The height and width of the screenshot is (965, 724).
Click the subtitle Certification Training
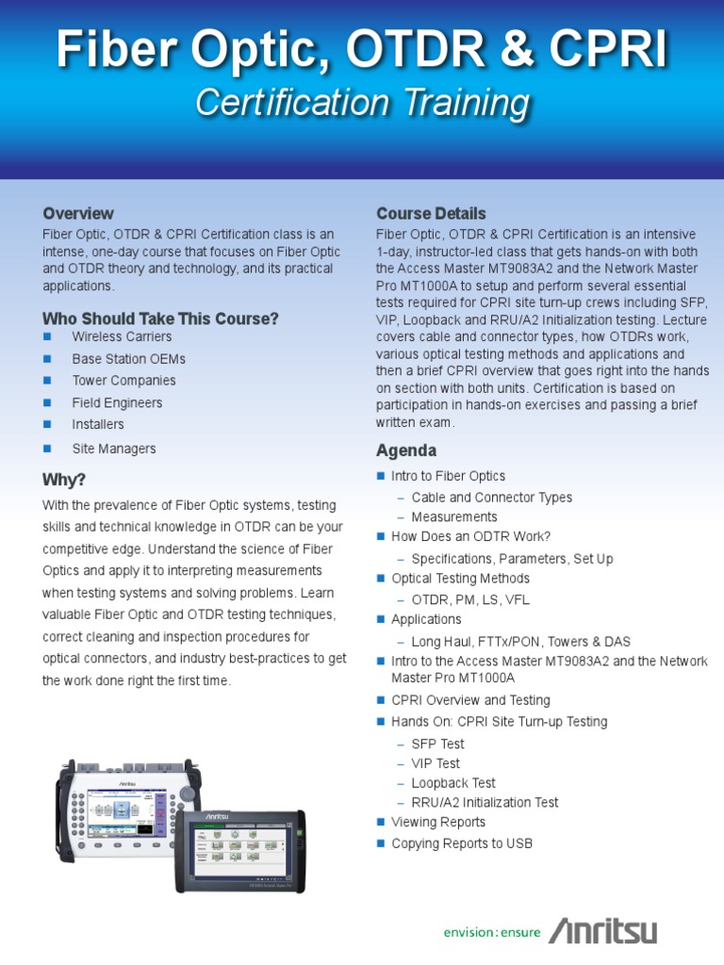coord(362,103)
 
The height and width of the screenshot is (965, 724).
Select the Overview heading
coord(78,213)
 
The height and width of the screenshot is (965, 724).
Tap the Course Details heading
coord(431,213)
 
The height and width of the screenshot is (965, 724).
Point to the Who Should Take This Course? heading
coord(160,319)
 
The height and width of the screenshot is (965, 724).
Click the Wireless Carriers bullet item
coord(122,336)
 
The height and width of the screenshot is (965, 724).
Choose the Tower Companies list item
coord(123,381)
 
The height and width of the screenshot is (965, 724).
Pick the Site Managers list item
coord(114,449)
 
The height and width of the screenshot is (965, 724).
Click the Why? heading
coord(64,479)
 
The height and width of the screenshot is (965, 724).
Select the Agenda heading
coord(406,450)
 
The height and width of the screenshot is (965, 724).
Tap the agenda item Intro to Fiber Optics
coord(448,477)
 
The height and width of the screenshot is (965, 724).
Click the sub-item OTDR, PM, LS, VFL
coord(470,599)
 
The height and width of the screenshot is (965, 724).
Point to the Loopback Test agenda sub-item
coord(453,783)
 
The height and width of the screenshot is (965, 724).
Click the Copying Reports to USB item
coord(462,843)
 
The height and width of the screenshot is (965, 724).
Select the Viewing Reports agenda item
coord(438,822)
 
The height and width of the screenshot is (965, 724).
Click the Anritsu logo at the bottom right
coord(603,931)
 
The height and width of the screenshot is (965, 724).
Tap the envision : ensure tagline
coord(492,933)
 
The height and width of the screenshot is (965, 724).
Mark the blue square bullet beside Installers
coord(47,425)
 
